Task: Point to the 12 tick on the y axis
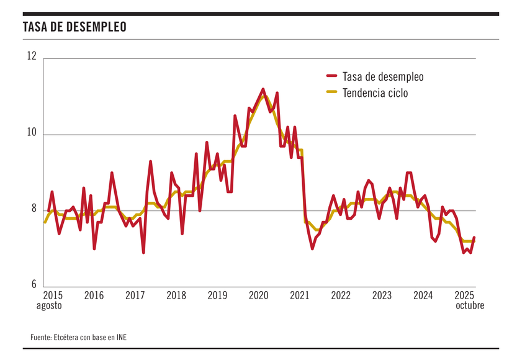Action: tap(32, 56)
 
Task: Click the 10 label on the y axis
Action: tap(32, 133)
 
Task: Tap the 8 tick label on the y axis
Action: tap(34, 210)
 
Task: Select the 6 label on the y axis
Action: tap(34, 286)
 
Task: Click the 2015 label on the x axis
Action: tap(53, 295)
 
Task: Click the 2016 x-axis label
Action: tap(94, 295)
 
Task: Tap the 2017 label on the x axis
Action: tap(135, 295)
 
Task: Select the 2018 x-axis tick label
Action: tap(176, 295)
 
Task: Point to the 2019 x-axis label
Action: tap(217, 295)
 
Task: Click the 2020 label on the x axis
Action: tap(259, 295)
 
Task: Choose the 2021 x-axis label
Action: tap(300, 295)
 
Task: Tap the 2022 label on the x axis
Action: tap(341, 295)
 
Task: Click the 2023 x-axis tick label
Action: tap(382, 295)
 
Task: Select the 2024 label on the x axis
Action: tap(423, 295)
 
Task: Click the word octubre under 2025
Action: tap(469, 305)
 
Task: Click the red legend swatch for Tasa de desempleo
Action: tap(331, 77)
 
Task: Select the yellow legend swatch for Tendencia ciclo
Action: tap(331, 92)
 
